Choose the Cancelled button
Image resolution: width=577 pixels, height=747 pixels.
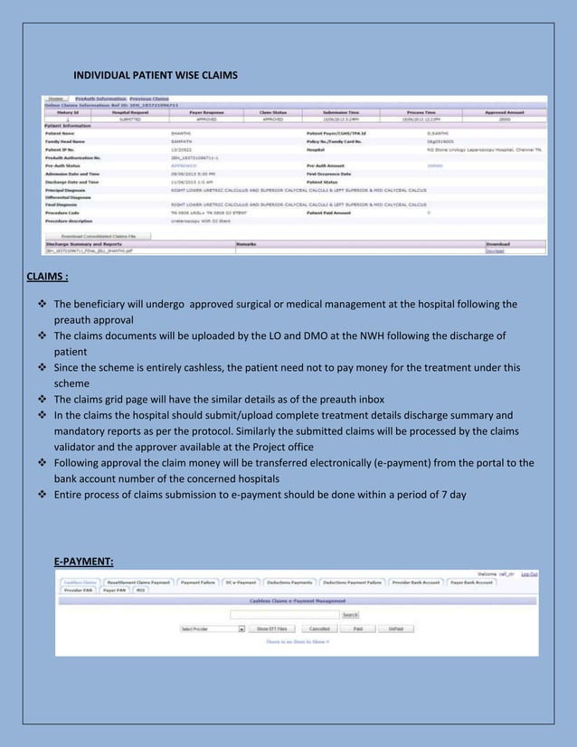click(x=319, y=628)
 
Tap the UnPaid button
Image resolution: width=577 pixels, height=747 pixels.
click(x=395, y=628)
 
